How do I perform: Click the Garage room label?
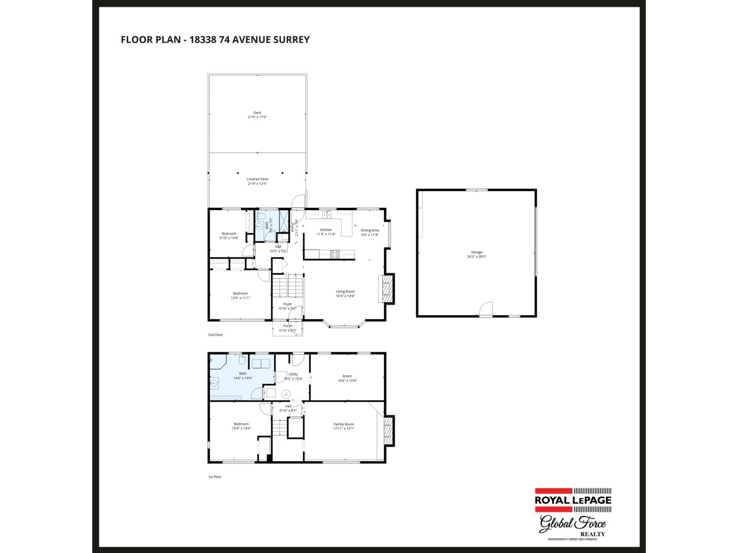(476, 252)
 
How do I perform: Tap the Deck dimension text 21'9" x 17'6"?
(257, 117)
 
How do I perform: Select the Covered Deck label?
(257, 179)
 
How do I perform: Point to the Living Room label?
(345, 291)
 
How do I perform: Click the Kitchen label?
(326, 229)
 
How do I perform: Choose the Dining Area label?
(369, 230)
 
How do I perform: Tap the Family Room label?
(344, 424)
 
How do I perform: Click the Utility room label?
(293, 374)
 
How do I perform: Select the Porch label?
(288, 326)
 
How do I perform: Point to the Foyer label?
(288, 304)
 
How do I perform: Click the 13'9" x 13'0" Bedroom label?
(241, 424)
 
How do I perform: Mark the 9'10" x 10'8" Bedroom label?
(229, 234)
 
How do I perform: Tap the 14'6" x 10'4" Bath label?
(243, 373)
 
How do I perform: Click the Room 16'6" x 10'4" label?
(347, 376)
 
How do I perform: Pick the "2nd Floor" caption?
(215, 335)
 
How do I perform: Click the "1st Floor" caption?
(215, 477)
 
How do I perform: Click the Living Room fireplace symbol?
(387, 289)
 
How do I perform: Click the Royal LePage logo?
(573, 500)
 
